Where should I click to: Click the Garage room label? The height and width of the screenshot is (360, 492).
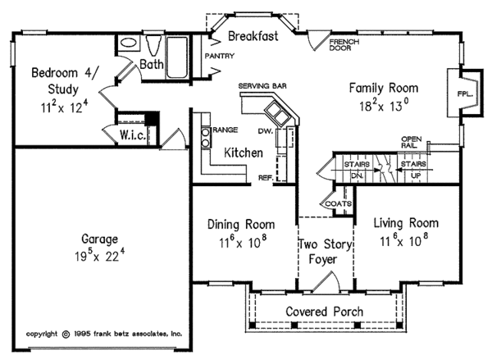pyautogui.click(x=100, y=239)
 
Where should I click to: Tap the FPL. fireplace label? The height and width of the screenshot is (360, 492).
pyautogui.click(x=465, y=93)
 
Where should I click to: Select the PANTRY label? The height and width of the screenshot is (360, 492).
pyautogui.click(x=220, y=56)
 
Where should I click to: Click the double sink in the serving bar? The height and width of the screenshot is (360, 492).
pyautogui.click(x=277, y=113)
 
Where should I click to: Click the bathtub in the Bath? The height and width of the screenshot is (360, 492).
pyautogui.click(x=177, y=57)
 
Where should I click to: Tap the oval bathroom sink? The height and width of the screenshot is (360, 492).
pyautogui.click(x=129, y=43)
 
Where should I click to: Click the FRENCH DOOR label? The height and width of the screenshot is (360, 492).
pyautogui.click(x=344, y=45)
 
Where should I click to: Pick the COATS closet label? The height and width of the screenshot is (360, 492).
pyautogui.click(x=338, y=203)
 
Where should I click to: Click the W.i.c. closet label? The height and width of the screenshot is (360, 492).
pyautogui.click(x=133, y=135)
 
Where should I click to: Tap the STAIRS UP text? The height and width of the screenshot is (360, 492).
pyautogui.click(x=413, y=170)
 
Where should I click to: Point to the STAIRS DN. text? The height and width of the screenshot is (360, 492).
pyautogui.click(x=357, y=170)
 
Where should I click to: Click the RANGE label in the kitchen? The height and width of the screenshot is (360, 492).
pyautogui.click(x=225, y=130)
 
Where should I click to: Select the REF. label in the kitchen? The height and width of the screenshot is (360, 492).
pyautogui.click(x=266, y=178)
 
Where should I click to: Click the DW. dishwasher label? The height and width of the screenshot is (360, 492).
pyautogui.click(x=266, y=131)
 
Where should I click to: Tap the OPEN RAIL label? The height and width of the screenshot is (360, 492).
pyautogui.click(x=412, y=142)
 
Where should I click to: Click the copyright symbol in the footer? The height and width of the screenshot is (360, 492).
pyautogui.click(x=66, y=334)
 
